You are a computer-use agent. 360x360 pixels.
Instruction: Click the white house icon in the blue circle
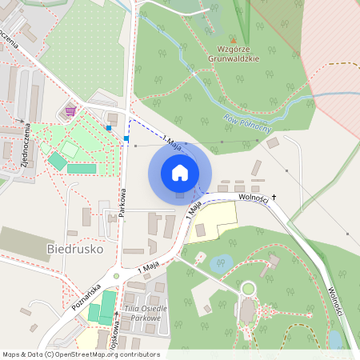[180, 172]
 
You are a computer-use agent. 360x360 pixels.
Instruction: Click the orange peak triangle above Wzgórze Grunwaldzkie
[234, 40]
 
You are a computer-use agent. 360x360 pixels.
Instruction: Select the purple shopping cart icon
[71, 111]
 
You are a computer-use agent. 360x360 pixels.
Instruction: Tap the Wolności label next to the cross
[250, 196]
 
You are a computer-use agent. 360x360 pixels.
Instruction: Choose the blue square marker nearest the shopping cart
[108, 127]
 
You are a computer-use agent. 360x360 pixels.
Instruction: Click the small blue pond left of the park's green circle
[220, 263]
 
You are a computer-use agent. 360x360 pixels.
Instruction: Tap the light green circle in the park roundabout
[248, 288]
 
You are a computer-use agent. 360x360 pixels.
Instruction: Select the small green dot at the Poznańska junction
[116, 276]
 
